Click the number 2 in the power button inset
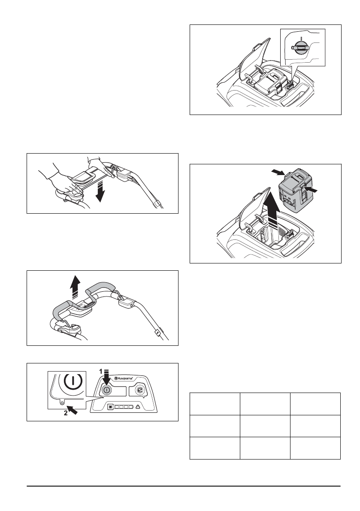tap(65, 414)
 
